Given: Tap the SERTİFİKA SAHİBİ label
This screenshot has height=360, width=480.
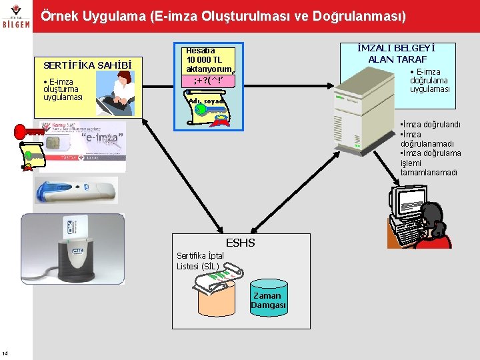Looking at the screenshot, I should coord(83,65).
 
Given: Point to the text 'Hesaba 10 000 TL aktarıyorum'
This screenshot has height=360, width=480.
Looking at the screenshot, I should coord(207,59).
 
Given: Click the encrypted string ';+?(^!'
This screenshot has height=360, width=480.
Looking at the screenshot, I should coord(207,81).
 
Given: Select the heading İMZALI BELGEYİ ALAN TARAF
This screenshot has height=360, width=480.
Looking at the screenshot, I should coord(396,53).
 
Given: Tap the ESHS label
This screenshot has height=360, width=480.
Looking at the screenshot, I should coord(241,243).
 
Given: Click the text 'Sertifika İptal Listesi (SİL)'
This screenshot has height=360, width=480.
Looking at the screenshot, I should coord(201,261).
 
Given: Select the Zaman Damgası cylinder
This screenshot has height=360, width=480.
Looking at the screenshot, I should coord(268,301).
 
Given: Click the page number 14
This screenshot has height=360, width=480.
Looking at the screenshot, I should coord(5,353).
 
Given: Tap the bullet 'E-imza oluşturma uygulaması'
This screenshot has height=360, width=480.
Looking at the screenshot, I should coord(63,89).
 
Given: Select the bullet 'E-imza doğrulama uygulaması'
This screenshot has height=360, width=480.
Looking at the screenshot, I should coord(429,81).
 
